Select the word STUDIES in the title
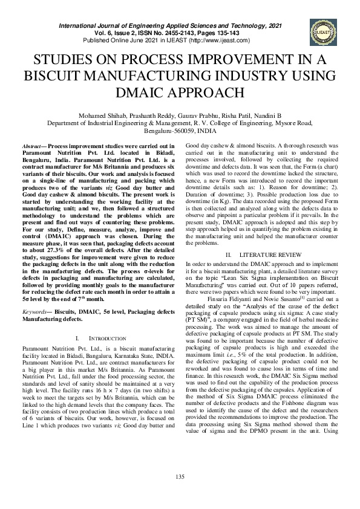64,59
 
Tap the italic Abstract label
31,147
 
